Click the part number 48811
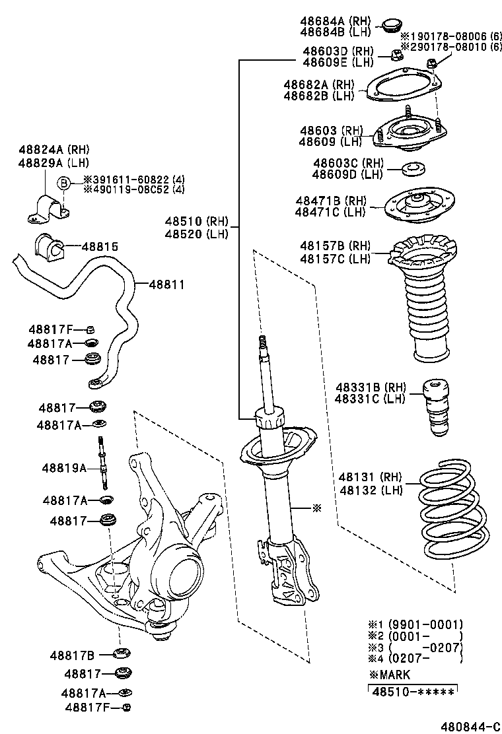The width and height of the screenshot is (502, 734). (166, 284)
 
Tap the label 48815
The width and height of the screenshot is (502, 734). (100, 246)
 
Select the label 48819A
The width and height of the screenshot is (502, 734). (64, 468)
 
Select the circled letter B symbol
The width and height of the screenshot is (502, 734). (64, 183)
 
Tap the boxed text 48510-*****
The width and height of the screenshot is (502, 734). (412, 692)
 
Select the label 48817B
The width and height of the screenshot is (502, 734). (72, 655)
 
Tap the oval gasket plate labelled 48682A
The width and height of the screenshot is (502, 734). (403, 88)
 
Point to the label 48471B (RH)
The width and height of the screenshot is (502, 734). (331, 200)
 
